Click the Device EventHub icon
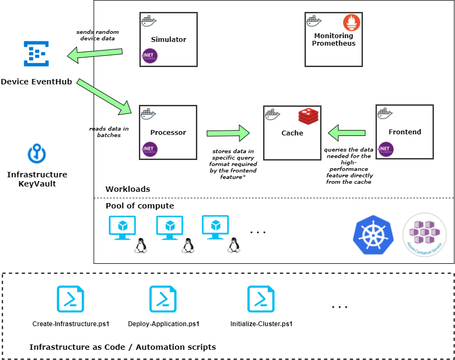[x=36, y=54]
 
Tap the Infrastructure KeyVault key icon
[x=37, y=153]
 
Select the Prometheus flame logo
[x=351, y=23]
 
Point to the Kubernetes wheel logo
[x=373, y=235]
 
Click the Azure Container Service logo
[x=424, y=235]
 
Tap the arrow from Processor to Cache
[x=228, y=133]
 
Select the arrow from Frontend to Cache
[x=346, y=133]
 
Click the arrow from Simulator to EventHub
[x=95, y=54]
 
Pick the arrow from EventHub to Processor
[x=104, y=97]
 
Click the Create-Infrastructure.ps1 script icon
[x=70, y=299]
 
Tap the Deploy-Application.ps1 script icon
[x=163, y=299]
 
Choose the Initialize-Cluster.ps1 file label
[x=261, y=324]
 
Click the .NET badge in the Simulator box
[x=150, y=56]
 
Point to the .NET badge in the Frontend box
[x=386, y=149]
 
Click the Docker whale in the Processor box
[x=148, y=114]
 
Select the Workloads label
[x=127, y=189]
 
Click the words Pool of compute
[x=140, y=206]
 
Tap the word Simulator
[x=168, y=39]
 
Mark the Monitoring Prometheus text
[x=333, y=39]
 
